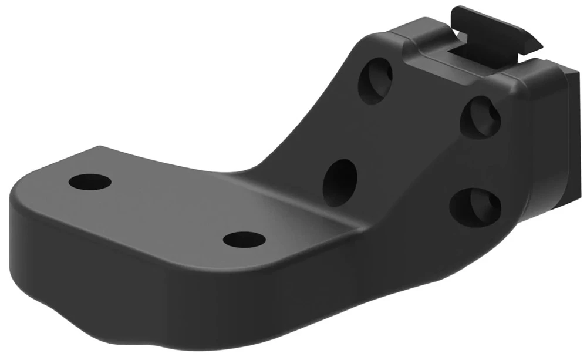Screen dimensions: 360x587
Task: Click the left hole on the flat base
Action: pos(90,181)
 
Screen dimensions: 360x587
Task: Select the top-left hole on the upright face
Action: pos(376,82)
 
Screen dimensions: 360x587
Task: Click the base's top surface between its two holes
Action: pos(164,208)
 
